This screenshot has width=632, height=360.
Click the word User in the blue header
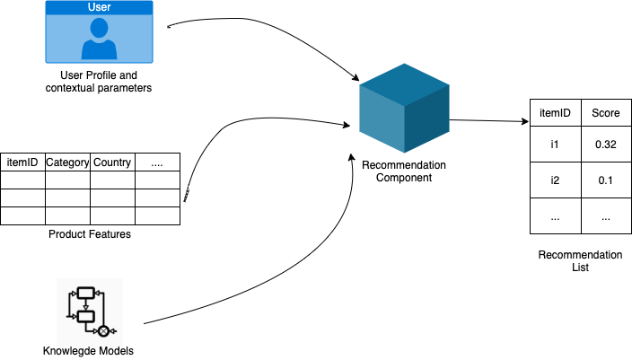(99, 7)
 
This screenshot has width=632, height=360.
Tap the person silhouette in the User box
(99, 40)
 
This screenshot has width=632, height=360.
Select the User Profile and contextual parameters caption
(99, 82)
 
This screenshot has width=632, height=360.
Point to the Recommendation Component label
(403, 171)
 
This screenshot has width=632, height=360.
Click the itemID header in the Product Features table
(22, 162)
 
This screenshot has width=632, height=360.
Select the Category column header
(67, 162)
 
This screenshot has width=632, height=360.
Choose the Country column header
(112, 162)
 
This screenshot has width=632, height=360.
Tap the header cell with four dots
(157, 162)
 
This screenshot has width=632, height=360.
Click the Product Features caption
(89, 235)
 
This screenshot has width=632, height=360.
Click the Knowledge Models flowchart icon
(89, 311)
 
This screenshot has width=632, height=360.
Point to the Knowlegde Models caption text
(88, 351)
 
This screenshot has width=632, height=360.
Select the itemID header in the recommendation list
(555, 113)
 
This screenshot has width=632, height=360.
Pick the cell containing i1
(555, 145)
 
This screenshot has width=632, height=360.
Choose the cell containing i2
(555, 180)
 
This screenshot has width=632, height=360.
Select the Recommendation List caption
(579, 261)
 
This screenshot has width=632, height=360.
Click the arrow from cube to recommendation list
(489, 120)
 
